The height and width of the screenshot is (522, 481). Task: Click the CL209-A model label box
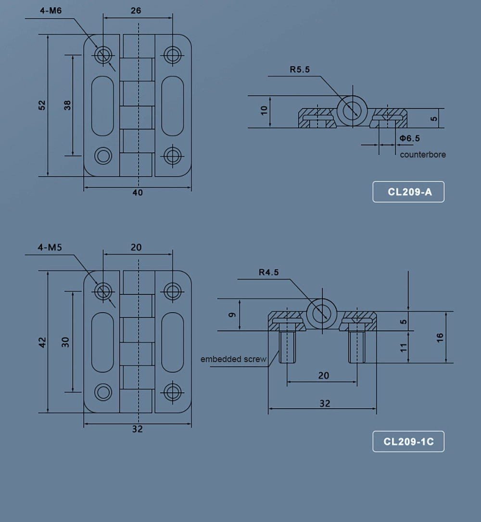[x=408, y=192]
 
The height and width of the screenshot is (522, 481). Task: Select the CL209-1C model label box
[x=408, y=442]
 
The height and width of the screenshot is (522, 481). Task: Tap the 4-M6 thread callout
[x=50, y=11]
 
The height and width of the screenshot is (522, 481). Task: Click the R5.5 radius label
[x=300, y=70]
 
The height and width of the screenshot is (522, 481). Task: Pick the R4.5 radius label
[x=268, y=272]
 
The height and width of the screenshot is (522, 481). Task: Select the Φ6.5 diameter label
[x=409, y=138]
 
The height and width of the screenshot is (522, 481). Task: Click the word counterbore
[x=422, y=155]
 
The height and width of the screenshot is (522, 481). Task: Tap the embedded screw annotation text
[x=233, y=359]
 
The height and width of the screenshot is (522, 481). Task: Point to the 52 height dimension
[x=42, y=105]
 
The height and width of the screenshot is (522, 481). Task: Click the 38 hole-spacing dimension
[x=67, y=105]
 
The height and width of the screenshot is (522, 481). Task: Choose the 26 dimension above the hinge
[x=136, y=11]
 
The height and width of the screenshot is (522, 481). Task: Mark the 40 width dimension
[x=138, y=193]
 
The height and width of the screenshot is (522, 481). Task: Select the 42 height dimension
[x=42, y=342]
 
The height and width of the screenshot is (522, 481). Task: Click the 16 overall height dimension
[x=440, y=338]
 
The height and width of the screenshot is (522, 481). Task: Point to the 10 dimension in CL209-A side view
[x=264, y=111]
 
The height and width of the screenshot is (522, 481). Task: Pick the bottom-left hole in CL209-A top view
[x=102, y=155]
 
